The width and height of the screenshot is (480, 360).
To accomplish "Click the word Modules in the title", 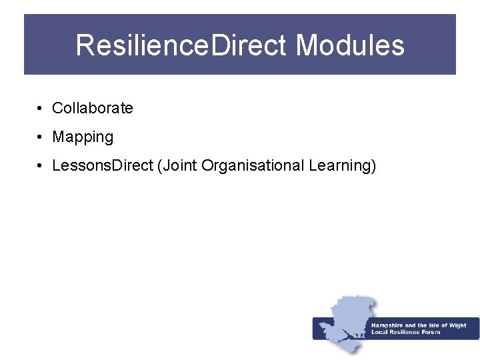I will click(350, 45).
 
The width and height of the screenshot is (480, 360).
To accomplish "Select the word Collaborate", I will click(93, 108).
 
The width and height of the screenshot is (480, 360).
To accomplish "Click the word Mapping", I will click(83, 137).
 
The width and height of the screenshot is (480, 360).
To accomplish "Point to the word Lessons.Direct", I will click(103, 165).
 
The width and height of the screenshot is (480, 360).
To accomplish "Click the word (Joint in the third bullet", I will click(177, 165).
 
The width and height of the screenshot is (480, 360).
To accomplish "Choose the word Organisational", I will click(253, 165).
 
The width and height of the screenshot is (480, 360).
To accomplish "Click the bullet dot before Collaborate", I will click(41, 108).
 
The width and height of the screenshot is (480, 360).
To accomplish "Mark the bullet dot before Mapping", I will click(41, 137).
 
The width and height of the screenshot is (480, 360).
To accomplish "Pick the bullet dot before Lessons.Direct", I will click(41, 165).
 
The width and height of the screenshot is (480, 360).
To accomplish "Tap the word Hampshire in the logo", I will click(387, 325).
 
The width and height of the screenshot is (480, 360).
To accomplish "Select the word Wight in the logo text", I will click(458, 325).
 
